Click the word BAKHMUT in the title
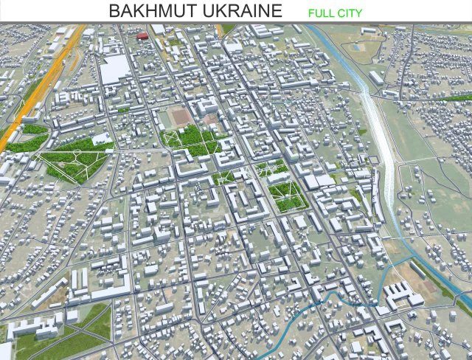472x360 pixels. point(151,11)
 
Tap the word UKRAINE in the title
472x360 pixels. point(239,11)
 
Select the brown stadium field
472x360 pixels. point(180,117)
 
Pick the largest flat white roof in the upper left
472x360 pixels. point(115,70)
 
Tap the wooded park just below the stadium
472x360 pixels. point(193,140)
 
